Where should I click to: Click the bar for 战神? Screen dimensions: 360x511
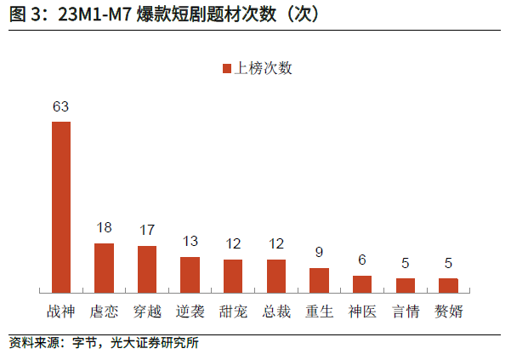pos(61,207)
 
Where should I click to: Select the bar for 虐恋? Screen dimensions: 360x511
pos(104,268)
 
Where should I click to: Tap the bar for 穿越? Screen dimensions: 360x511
pos(147,269)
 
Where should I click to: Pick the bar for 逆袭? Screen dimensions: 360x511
pos(190,274)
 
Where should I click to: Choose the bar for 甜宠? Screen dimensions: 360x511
pos(233,276)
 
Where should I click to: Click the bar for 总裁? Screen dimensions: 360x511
pos(276,276)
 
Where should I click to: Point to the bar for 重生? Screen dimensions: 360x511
pos(319,280)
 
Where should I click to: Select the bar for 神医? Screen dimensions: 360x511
pos(362,284)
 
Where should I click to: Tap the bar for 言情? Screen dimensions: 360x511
pos(406,285)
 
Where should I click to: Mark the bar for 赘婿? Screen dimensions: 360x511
pos(448,285)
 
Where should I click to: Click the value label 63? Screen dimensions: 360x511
pos(60,107)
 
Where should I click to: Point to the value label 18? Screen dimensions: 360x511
pos(104,228)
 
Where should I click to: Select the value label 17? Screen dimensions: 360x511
pos(147,231)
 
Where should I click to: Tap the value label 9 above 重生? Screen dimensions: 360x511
pos(319,252)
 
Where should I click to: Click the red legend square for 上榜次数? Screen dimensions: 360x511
pos(228,69)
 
